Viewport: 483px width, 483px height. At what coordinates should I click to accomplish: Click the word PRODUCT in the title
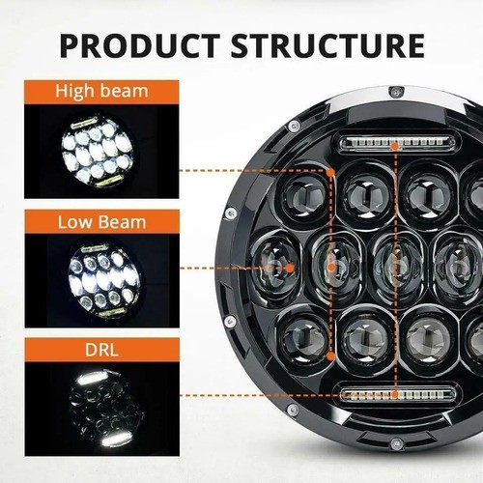click(140, 45)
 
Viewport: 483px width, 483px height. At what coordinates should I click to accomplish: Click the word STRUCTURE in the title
click(327, 45)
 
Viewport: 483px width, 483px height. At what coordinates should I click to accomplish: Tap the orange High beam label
click(101, 92)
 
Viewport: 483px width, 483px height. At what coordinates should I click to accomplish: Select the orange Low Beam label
click(101, 222)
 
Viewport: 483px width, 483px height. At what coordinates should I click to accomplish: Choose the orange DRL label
click(101, 350)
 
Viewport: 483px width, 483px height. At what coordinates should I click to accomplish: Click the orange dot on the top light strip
click(395, 147)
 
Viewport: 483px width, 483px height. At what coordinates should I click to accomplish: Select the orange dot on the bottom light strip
click(395, 394)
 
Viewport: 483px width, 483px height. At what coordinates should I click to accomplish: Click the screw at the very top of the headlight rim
click(395, 92)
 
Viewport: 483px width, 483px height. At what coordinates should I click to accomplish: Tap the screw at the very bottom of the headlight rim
click(395, 444)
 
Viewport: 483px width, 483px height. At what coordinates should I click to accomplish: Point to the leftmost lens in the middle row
click(276, 267)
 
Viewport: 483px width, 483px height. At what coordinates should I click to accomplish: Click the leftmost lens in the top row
click(304, 195)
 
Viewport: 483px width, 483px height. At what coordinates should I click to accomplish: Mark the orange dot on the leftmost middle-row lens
click(290, 268)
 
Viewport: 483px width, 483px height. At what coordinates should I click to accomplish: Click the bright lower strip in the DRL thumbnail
click(117, 440)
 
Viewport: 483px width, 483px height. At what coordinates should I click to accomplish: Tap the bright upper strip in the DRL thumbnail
click(93, 379)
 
